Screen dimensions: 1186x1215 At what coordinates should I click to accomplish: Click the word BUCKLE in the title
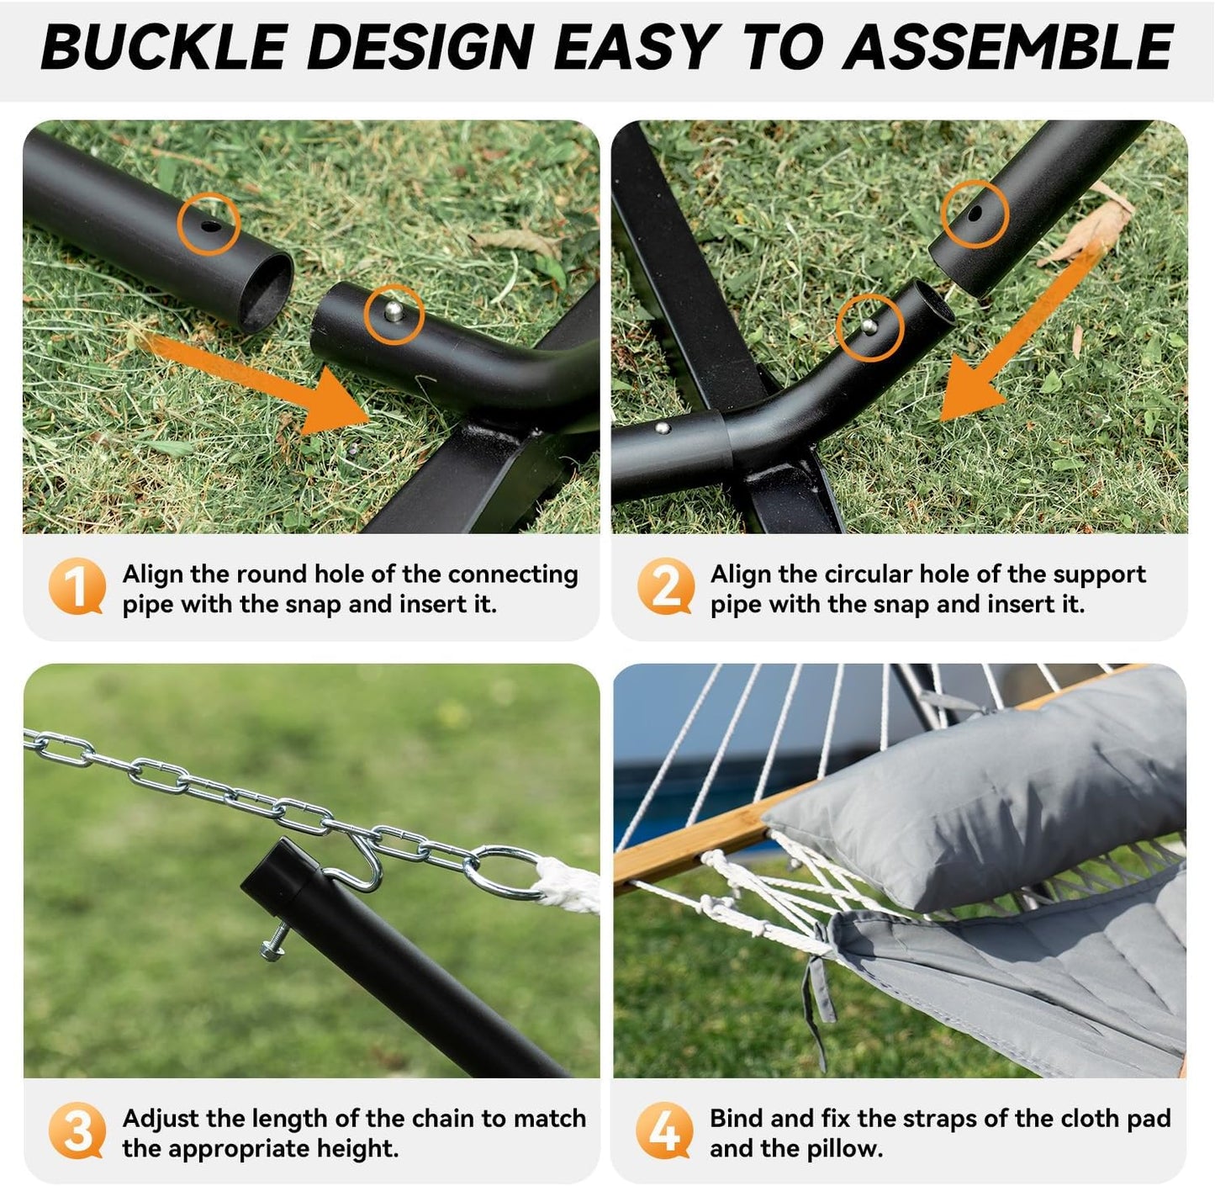(x=163, y=48)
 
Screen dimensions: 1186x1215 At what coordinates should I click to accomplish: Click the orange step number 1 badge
(x=77, y=586)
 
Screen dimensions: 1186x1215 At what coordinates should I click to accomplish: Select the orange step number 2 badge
(x=665, y=586)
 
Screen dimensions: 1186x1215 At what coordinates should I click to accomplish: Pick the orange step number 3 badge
(x=77, y=1130)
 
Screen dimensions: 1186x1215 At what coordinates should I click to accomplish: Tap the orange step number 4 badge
(x=664, y=1130)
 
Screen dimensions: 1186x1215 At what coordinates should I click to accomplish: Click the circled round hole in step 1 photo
(x=209, y=224)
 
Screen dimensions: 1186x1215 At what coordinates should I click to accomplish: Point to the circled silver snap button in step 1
(x=394, y=313)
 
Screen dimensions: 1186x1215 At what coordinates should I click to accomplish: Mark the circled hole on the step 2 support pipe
(x=974, y=214)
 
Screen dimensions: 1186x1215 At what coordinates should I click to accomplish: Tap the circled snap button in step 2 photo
(x=869, y=326)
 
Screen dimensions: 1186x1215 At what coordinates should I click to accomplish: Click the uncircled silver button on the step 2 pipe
(x=663, y=428)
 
